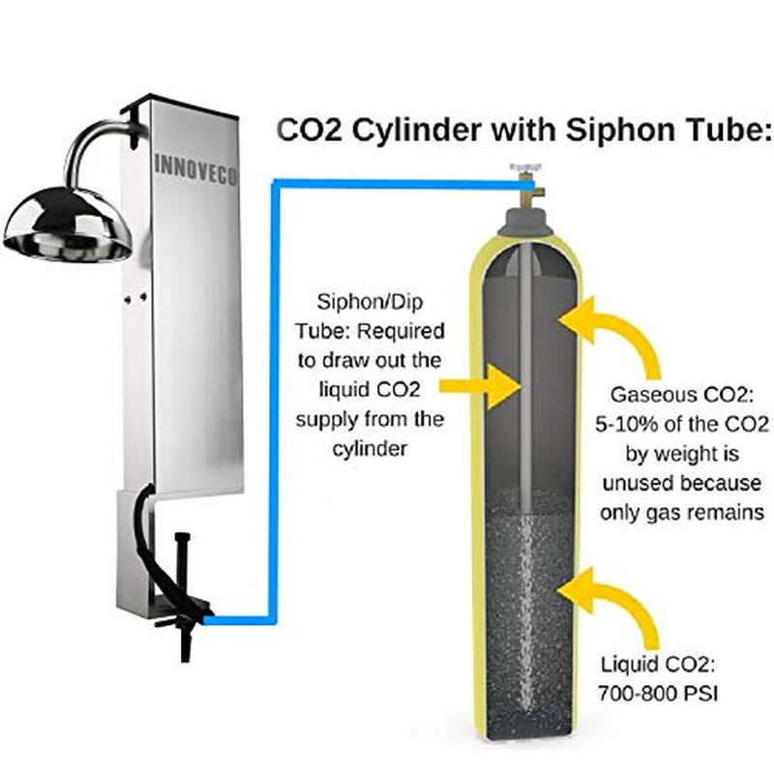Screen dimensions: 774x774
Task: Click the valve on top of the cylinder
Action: tap(524, 189)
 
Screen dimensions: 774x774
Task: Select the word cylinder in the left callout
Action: tap(369, 449)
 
